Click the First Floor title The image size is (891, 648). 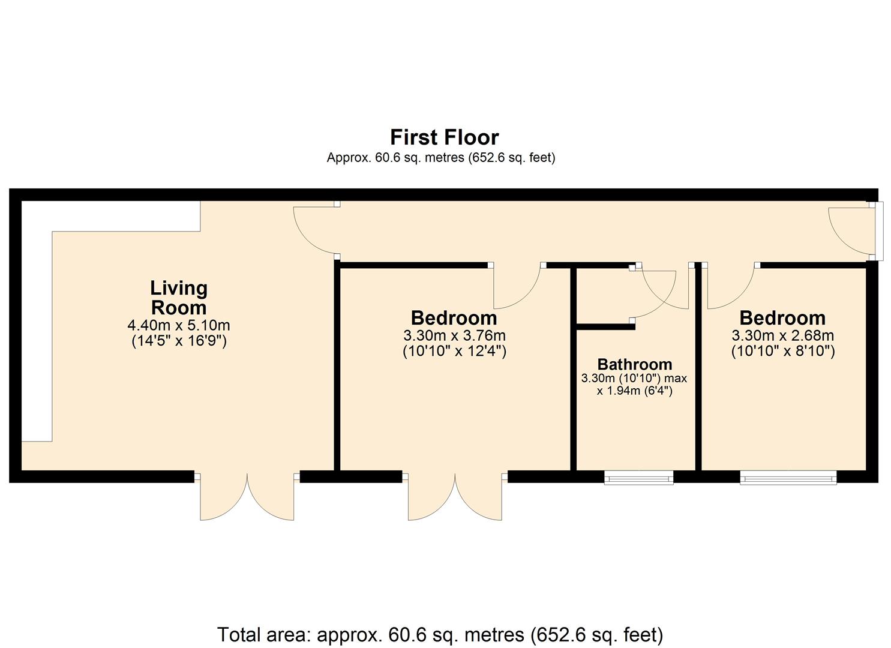(x=444, y=137)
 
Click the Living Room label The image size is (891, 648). (x=179, y=298)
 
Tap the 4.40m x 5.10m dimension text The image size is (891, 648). (x=179, y=326)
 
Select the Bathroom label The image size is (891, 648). (x=634, y=364)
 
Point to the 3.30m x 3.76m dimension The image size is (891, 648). (x=454, y=335)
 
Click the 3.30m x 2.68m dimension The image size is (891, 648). (x=782, y=335)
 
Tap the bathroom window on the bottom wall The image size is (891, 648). (x=638, y=477)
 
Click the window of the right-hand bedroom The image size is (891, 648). (x=788, y=477)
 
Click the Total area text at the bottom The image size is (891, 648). (x=440, y=634)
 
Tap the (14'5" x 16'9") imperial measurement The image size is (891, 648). (x=179, y=342)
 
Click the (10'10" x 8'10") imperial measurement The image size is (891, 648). (x=782, y=351)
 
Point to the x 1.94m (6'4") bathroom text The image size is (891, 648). (x=634, y=391)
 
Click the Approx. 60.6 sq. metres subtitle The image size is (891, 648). (x=440, y=158)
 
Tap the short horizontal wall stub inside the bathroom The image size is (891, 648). (x=605, y=327)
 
